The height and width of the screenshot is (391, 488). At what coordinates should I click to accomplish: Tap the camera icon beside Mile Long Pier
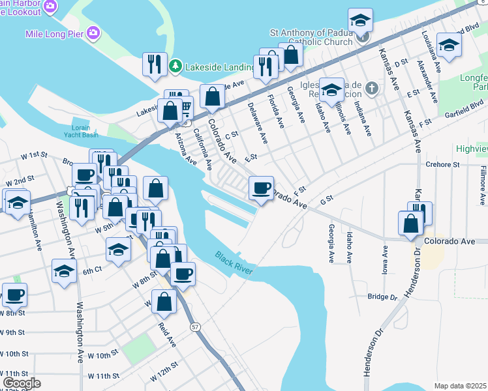93,32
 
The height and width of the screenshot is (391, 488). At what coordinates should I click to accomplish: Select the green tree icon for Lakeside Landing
175,66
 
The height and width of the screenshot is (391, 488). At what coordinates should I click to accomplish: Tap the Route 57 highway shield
194,325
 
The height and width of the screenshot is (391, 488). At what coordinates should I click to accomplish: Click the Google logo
22,383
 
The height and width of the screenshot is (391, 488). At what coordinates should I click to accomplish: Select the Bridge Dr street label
382,297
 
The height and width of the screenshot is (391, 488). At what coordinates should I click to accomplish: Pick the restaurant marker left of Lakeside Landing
155,64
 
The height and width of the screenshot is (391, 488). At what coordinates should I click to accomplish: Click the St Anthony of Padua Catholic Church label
314,38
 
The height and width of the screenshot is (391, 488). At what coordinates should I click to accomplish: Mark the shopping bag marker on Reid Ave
164,302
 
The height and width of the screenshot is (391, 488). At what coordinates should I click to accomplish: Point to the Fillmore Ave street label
482,179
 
